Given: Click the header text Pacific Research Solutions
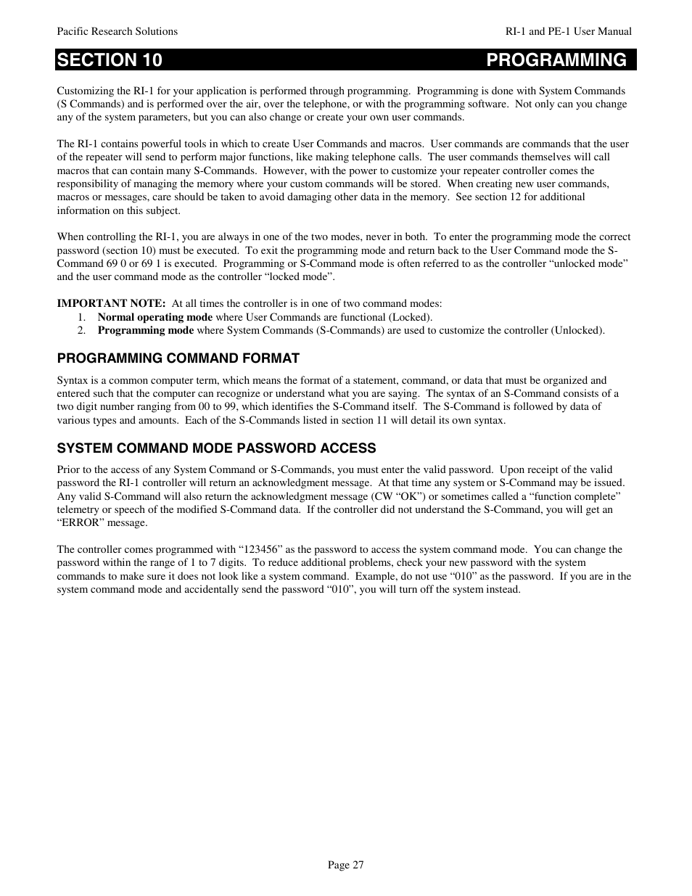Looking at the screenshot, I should coord(117,31).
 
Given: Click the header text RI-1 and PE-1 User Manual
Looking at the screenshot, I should coord(569,31).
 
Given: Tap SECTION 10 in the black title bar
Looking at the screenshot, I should coord(110,60).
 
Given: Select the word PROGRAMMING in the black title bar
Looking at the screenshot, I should coord(556,60).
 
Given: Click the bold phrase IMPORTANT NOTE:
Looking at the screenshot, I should coord(111,304).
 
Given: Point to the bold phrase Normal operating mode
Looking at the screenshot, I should coord(155,317).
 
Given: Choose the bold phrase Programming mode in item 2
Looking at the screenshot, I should coord(145,330).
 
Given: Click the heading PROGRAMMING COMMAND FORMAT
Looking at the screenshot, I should coord(178,358).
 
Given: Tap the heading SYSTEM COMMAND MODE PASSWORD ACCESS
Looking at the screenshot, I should coord(216,448).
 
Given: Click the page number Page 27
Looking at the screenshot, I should coord(345,865).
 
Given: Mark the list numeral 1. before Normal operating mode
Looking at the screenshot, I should coord(82,317).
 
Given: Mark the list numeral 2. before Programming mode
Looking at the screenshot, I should coord(82,330).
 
